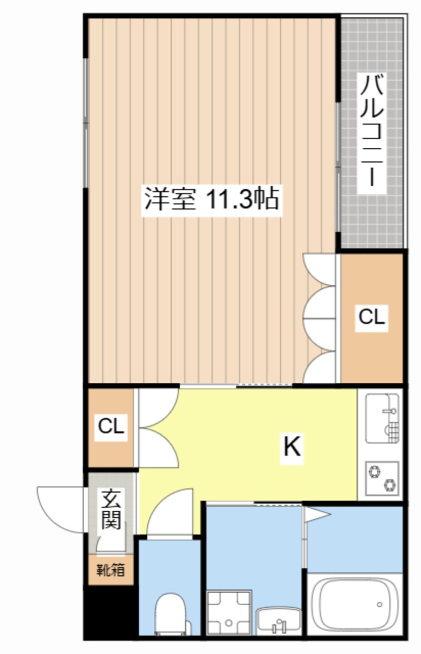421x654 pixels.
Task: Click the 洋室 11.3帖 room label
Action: [x=211, y=199]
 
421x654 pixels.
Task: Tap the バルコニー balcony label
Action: [x=372, y=133]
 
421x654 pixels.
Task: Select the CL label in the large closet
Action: [x=372, y=317]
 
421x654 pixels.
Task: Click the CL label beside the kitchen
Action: [x=110, y=427]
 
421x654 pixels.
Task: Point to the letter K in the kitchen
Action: [x=292, y=446]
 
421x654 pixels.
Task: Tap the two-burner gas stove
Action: [x=382, y=478]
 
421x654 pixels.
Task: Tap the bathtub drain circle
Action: [x=380, y=605]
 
